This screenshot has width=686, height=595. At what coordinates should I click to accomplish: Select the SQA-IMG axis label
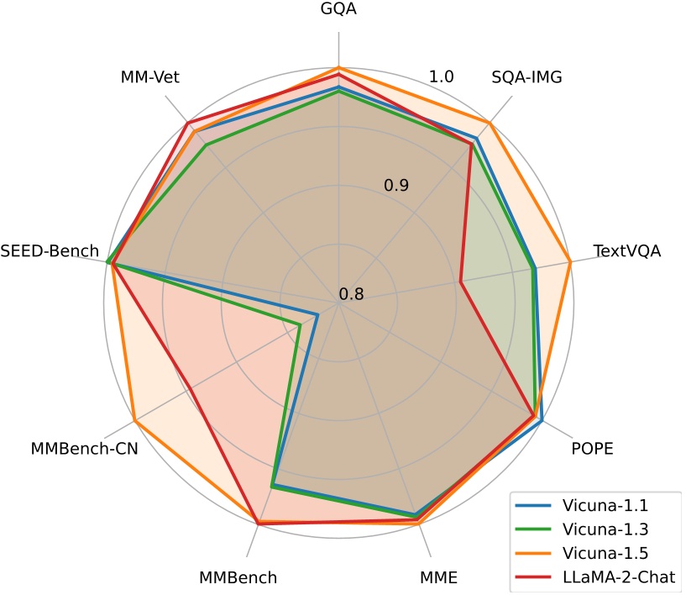526,77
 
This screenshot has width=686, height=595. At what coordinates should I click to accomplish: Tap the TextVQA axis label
626,251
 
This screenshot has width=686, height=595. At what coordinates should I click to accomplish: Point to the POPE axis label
592,448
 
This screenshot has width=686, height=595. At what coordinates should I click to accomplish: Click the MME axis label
438,577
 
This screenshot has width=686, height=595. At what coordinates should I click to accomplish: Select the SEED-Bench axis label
50,251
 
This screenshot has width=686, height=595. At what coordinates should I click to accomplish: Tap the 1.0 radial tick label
442,76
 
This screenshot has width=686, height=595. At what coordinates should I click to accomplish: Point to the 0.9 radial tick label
396,185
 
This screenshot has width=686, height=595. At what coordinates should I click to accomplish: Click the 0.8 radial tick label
351,294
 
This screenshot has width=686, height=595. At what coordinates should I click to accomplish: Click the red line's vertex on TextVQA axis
461,282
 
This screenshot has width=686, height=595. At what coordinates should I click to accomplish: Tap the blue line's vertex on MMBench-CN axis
317,315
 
